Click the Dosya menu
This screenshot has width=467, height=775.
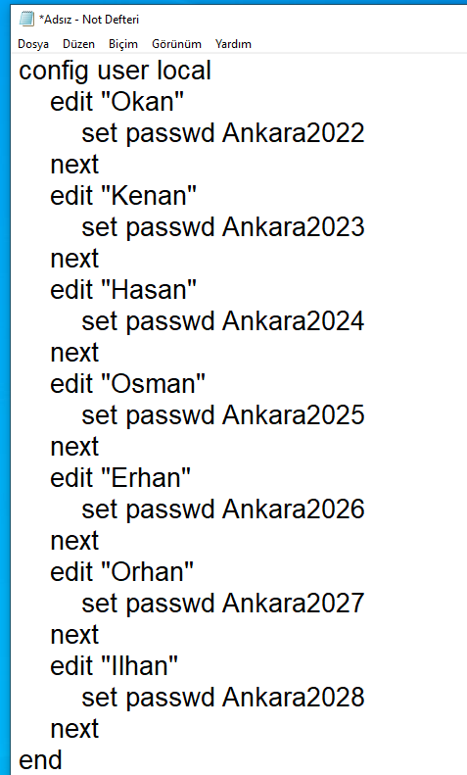pyautogui.click(x=33, y=44)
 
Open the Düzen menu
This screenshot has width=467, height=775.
pyautogui.click(x=78, y=44)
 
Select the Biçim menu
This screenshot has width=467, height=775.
pyautogui.click(x=123, y=44)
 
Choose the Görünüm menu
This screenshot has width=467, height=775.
pyautogui.click(x=176, y=44)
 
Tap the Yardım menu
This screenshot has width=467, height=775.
pyautogui.click(x=233, y=44)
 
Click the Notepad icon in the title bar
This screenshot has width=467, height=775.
pyautogui.click(x=26, y=19)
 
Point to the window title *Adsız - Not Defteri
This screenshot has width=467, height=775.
pyautogui.click(x=89, y=20)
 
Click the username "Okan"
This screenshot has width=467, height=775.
pyautogui.click(x=142, y=101)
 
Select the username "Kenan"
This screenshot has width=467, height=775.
pyautogui.click(x=149, y=195)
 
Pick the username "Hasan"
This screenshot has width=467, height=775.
pyautogui.click(x=149, y=289)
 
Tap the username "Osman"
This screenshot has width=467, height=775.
pyautogui.click(x=153, y=383)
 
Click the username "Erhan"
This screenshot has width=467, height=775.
pyautogui.click(x=146, y=477)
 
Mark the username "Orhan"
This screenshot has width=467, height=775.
pyautogui.click(x=147, y=571)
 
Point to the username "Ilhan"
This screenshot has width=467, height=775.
pyautogui.click(x=139, y=666)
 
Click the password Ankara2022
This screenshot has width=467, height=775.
pyautogui.click(x=294, y=133)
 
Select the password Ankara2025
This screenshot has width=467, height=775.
pyautogui.click(x=294, y=414)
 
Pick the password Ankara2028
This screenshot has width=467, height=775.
pyautogui.click(x=294, y=697)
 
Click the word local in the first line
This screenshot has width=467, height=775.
pyautogui.click(x=184, y=71)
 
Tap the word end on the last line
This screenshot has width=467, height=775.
pyautogui.click(x=40, y=759)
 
